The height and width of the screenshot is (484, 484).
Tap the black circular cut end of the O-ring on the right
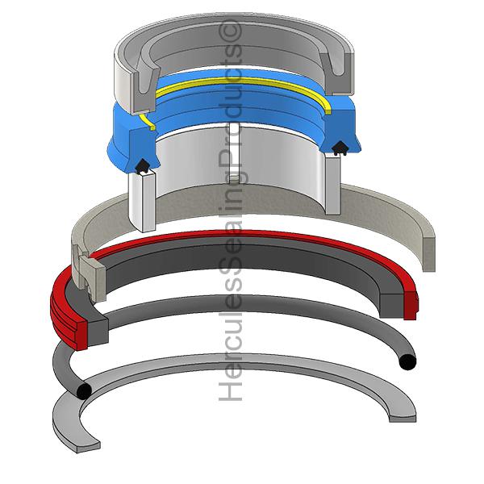(x=407, y=361)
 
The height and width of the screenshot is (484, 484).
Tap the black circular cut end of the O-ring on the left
(x=84, y=391)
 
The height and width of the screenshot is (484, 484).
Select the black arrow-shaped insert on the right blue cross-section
(x=340, y=148)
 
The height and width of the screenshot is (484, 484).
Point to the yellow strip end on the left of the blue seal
(x=147, y=121)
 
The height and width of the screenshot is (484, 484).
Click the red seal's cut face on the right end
(x=411, y=306)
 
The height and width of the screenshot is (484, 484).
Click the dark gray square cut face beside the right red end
(x=392, y=306)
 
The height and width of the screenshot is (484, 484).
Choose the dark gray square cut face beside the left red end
(x=98, y=332)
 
